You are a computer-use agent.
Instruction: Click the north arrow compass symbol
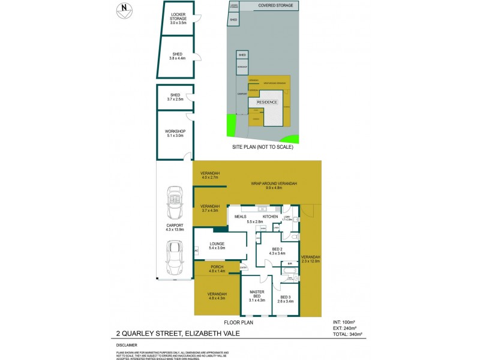coord(124,9)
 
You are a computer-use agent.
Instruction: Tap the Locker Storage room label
coord(179,19)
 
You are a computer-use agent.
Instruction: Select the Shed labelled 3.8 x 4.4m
coord(178,56)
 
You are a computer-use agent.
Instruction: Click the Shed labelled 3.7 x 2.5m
coord(175,97)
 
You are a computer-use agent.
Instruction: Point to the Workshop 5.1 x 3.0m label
coord(175,134)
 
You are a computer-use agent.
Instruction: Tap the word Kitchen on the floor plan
coord(271,217)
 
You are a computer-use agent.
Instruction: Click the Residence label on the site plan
coord(268,103)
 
